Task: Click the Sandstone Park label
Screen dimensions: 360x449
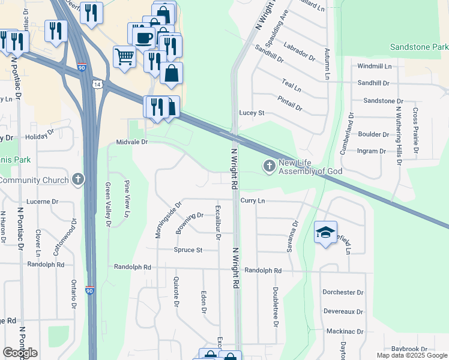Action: [418, 47]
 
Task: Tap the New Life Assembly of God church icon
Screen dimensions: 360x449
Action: [270, 165]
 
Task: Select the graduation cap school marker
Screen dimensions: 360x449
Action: [325, 232]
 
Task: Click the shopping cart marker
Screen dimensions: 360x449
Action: [124, 57]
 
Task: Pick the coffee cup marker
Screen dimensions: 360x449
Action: [143, 37]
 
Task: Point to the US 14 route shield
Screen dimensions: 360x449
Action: [97, 85]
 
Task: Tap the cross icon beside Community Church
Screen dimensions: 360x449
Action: [77, 179]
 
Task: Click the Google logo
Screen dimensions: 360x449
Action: [20, 353]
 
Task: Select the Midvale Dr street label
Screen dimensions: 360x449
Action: [132, 142]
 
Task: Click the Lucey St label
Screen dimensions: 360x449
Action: [252, 113]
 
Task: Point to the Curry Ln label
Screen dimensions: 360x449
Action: [253, 200]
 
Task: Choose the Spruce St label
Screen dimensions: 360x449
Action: [188, 250]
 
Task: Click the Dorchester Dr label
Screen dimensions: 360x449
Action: [343, 293]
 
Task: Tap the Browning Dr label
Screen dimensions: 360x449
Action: [190, 224]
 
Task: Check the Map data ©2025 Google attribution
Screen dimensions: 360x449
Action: [411, 355]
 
